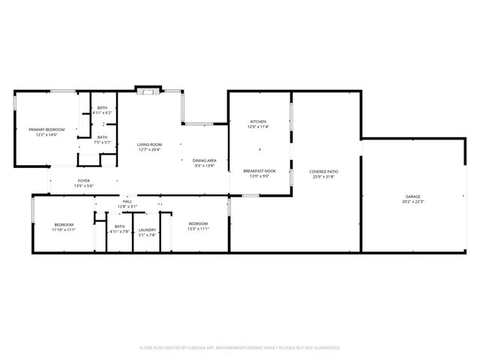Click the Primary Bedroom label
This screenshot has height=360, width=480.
(46, 130)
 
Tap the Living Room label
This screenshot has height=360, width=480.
(149, 144)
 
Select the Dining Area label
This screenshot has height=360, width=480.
(205, 160)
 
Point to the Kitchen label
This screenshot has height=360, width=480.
(258, 121)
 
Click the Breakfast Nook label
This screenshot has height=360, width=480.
(259, 171)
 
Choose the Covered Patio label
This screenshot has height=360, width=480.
(324, 172)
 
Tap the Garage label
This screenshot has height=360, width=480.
(413, 196)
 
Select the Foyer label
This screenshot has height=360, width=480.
(84, 181)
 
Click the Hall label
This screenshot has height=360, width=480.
(127, 201)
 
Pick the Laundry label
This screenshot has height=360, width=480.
(147, 229)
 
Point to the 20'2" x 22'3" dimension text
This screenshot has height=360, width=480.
(413, 202)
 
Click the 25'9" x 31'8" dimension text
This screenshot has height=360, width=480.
(324, 177)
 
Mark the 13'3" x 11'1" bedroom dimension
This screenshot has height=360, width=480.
(198, 229)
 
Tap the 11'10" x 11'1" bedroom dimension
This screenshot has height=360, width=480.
(64, 229)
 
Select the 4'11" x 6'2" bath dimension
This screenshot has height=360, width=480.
(102, 113)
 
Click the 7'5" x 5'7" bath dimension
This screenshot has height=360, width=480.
(102, 142)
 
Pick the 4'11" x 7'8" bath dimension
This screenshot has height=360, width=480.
(120, 232)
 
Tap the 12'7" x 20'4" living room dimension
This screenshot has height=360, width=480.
(149, 149)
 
